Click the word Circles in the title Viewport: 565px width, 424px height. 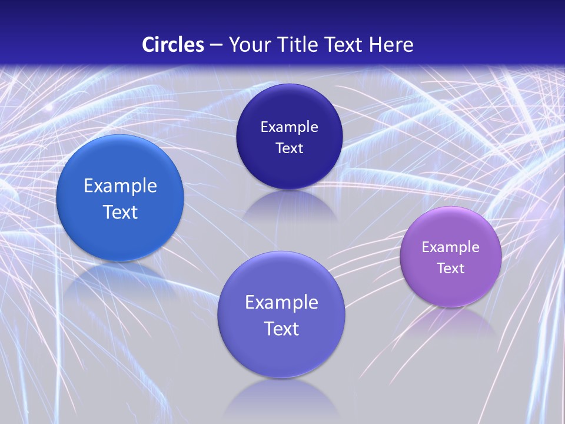(173, 45)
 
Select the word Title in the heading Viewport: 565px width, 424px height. (301, 45)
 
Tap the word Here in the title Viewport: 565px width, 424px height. (391, 45)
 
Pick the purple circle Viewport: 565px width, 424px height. (451, 289)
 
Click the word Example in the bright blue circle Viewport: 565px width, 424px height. (120, 186)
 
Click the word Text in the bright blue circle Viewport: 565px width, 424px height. (120, 212)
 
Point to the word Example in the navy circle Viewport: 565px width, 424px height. (289, 127)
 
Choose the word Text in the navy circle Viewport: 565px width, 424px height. (289, 148)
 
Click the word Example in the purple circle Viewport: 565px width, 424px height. (451, 247)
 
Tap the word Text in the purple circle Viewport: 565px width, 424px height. (451, 269)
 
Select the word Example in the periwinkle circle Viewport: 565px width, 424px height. (281, 303)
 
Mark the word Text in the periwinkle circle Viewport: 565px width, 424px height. (281, 329)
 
